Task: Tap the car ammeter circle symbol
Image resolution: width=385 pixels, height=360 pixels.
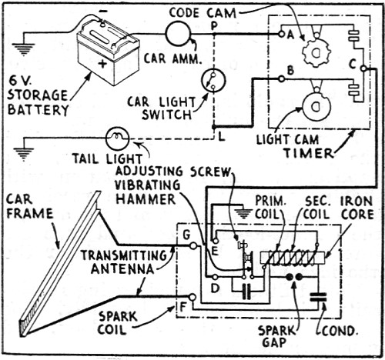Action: click(176, 33)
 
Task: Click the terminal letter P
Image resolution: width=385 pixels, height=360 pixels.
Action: click(213, 26)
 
